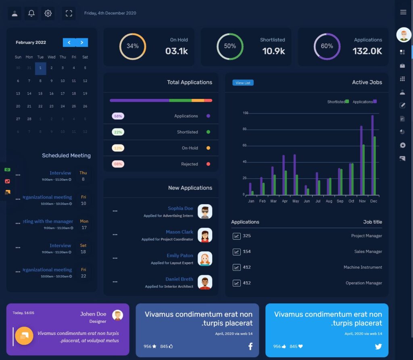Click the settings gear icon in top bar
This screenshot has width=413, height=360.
[x=48, y=13]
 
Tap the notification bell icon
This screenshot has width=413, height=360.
[x=31, y=13]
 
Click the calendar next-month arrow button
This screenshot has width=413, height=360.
[x=82, y=42]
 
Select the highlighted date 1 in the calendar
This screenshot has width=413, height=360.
[x=40, y=69]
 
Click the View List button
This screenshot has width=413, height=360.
[x=243, y=83]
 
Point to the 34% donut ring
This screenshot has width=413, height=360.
[x=133, y=46]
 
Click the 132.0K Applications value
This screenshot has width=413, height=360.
[x=367, y=51]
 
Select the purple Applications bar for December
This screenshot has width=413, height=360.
[x=372, y=155]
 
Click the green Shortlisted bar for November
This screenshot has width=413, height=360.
[x=363, y=170]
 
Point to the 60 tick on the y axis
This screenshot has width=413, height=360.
[x=244, y=146]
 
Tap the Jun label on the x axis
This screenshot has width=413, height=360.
[x=307, y=201]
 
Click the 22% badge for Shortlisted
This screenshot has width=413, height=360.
[x=118, y=132]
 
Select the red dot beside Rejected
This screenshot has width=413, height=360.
[x=208, y=164]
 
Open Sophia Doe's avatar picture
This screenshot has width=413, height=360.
[x=205, y=211]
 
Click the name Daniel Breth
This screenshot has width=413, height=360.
[x=179, y=279]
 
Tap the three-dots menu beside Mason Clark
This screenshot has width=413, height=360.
[x=115, y=235]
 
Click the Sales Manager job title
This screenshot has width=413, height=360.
[x=368, y=251]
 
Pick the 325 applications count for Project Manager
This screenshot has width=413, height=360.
[x=246, y=236]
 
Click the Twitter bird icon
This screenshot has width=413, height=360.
[x=378, y=346]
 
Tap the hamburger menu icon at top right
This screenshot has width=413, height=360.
[x=403, y=12]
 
